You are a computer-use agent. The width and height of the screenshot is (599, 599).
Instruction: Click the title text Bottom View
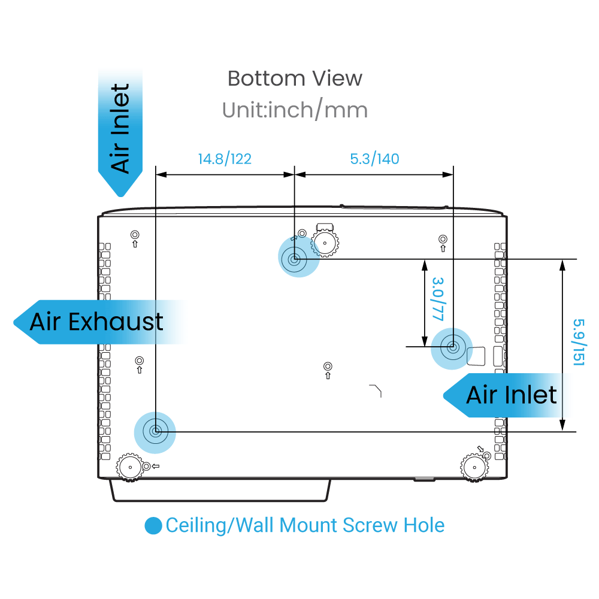tap(295, 78)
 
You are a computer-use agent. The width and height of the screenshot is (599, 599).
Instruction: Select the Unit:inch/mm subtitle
tap(295, 110)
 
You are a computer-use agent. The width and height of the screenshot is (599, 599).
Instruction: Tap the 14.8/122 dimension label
tap(225, 159)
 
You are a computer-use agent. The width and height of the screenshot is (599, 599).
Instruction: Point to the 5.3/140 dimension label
tap(374, 159)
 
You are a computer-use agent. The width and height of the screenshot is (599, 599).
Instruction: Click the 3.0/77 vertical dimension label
tap(438, 299)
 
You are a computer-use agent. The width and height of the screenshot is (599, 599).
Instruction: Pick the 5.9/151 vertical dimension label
tap(579, 342)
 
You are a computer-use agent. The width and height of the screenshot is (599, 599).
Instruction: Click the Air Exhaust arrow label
tap(99, 322)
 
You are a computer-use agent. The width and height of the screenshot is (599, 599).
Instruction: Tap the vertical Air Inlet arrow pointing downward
tap(120, 132)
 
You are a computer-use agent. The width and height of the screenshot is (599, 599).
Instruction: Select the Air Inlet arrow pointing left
tap(504, 395)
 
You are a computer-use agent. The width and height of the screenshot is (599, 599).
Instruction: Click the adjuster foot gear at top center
tap(325, 242)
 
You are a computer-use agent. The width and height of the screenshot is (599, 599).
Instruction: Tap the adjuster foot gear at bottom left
tap(130, 467)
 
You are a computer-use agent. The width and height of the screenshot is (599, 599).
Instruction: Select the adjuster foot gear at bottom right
tap(474, 467)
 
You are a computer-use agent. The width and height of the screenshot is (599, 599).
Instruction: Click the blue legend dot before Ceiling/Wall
tap(153, 526)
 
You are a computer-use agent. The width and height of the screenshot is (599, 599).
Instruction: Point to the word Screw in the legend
tap(370, 525)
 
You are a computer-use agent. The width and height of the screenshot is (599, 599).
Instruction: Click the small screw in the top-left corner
tap(135, 234)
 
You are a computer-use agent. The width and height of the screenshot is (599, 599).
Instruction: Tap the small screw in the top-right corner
tap(443, 239)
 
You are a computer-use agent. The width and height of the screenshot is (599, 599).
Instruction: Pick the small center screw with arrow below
tap(328, 367)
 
